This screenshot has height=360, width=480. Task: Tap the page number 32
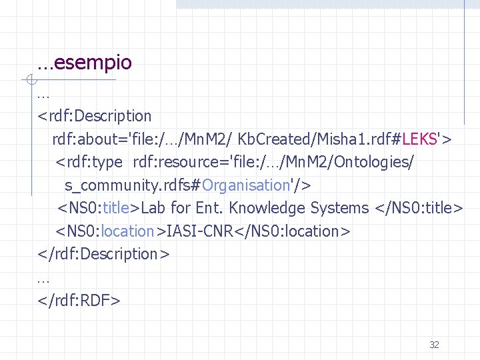(434, 345)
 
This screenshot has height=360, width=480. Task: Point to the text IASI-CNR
(197, 231)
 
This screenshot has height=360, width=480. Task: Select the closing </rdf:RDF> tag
(79, 301)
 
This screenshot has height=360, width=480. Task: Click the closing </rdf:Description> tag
(103, 255)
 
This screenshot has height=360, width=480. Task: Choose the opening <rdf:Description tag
(95, 116)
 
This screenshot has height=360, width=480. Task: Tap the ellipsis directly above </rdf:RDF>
(44, 278)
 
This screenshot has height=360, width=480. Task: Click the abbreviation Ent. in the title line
(209, 208)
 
